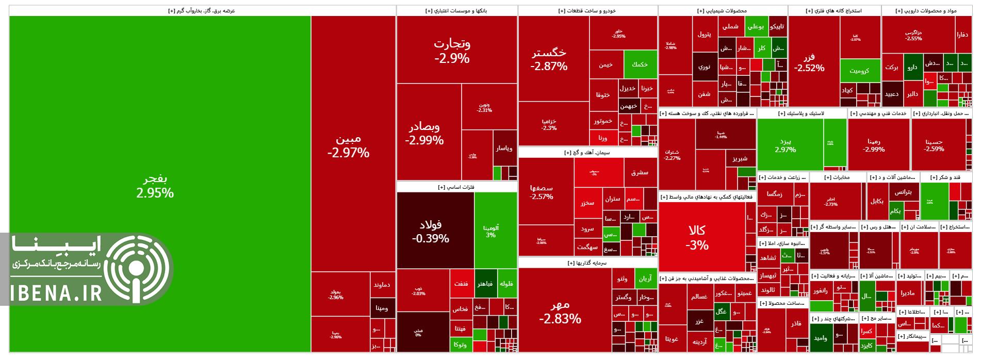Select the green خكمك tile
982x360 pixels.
(x=640, y=64)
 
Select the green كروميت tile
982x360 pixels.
(x=860, y=71)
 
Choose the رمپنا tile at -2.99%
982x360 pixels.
(x=878, y=144)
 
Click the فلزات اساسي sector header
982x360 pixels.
(x=457, y=187)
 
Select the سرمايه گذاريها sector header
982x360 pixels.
(x=587, y=263)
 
